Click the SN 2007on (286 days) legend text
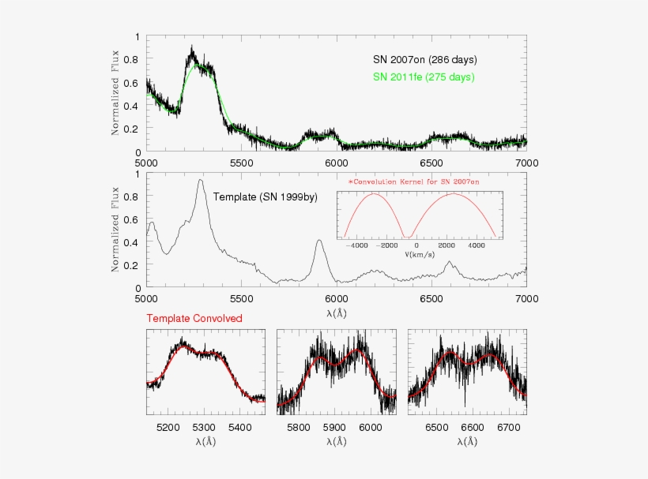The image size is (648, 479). (424, 60)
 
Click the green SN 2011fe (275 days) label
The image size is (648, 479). (424, 77)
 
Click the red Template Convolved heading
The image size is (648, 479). (194, 318)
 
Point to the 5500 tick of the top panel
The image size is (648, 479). (241, 163)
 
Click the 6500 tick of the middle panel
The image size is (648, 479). (431, 300)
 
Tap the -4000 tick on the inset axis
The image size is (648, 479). (360, 245)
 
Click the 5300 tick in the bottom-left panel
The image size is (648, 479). (204, 427)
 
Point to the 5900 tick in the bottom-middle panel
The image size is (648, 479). (335, 427)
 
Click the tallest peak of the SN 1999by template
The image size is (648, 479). (201, 181)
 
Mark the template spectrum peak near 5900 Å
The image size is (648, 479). (319, 241)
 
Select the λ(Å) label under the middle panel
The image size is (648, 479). (337, 312)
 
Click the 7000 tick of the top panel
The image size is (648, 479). (526, 163)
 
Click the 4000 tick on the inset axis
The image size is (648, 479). (477, 245)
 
